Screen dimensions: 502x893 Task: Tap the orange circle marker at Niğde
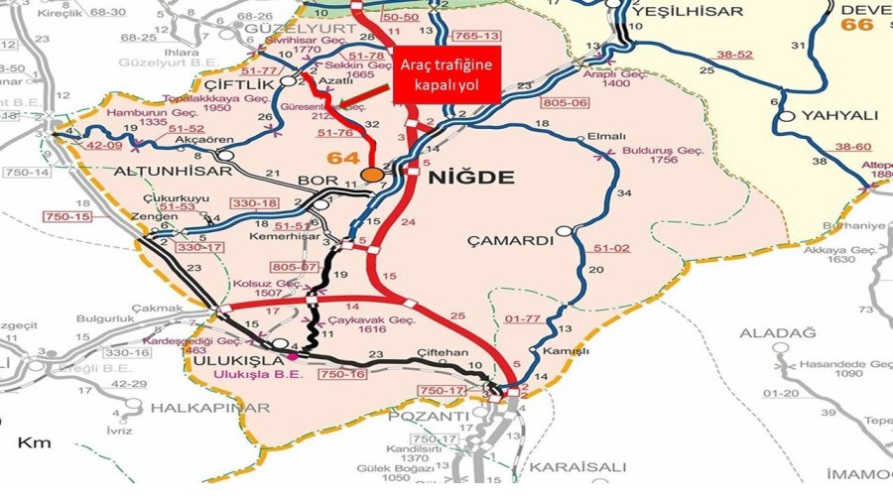point(372,175)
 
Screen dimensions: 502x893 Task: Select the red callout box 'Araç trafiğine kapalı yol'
point(446,74)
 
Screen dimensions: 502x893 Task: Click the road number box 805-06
point(567,102)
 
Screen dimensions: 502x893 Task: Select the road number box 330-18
point(255,203)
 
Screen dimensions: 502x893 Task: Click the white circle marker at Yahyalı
point(788,116)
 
